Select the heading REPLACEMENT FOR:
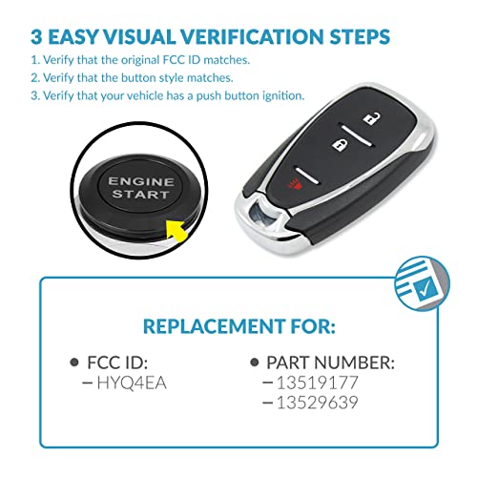tap(238, 326)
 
